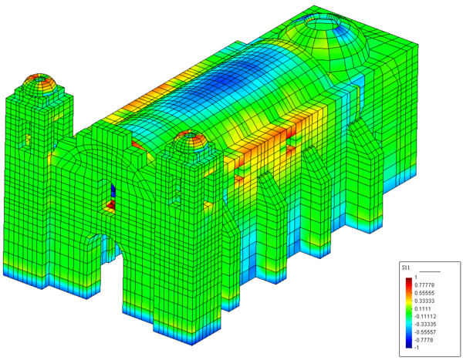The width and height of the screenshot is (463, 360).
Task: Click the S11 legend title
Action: [405, 268]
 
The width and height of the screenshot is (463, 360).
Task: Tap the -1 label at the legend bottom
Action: [417, 348]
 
